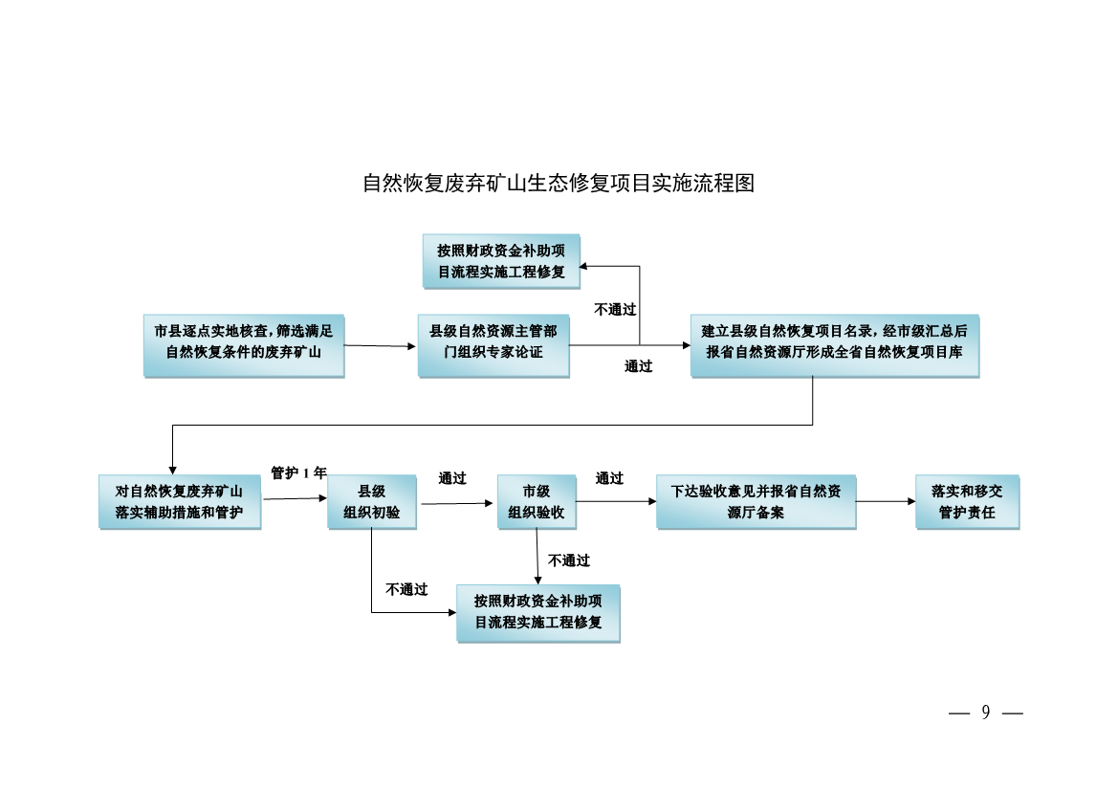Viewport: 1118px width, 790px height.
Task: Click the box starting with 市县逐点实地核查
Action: click(x=244, y=344)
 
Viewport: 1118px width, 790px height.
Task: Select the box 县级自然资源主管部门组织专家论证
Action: click(x=493, y=344)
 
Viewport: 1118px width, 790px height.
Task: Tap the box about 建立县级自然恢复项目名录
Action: click(x=834, y=344)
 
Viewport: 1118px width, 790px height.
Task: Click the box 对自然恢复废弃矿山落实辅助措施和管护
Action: click(x=180, y=501)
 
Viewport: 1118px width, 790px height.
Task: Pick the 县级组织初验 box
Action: click(x=372, y=501)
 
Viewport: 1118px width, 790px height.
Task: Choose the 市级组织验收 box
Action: click(x=537, y=501)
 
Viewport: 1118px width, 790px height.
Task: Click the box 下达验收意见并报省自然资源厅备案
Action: click(x=756, y=501)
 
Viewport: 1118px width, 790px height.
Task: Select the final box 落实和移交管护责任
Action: click(x=967, y=501)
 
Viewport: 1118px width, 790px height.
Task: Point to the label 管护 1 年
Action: click(x=298, y=472)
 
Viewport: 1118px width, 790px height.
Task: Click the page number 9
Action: click(x=985, y=713)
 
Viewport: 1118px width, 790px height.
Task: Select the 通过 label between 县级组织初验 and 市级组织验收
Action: click(x=452, y=478)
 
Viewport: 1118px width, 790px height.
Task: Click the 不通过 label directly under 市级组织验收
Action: click(x=569, y=560)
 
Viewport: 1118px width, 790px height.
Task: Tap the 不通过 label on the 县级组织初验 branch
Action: click(x=406, y=589)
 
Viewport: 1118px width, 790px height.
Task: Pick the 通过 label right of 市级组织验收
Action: click(x=609, y=478)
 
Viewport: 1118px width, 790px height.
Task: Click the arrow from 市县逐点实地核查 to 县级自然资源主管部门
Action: click(x=381, y=345)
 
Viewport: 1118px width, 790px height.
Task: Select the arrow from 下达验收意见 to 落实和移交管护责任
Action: click(x=886, y=501)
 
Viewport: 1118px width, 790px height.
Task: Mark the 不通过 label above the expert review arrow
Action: click(x=615, y=309)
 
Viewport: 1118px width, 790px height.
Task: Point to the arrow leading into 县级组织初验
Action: click(x=295, y=498)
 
